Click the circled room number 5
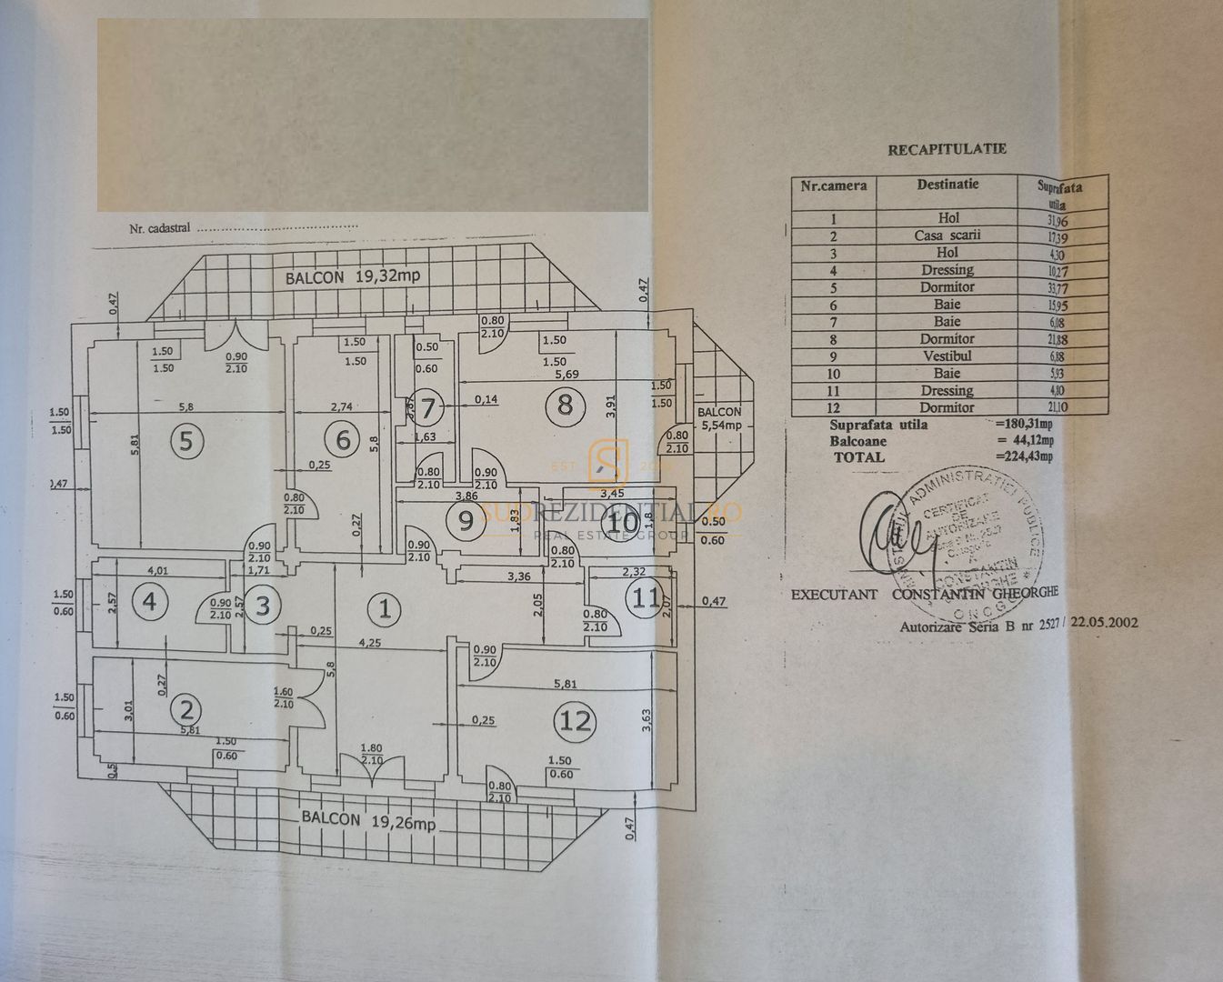(186, 441)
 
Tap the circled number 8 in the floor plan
(565, 405)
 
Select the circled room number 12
(576, 720)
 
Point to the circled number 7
(426, 407)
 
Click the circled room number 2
(188, 708)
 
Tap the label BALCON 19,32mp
(353, 277)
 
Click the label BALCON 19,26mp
(369, 819)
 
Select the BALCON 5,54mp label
(719, 418)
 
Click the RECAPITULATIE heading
(947, 149)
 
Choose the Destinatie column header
(947, 185)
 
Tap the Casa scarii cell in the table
(947, 235)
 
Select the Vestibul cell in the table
(947, 356)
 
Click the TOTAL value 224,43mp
(1024, 457)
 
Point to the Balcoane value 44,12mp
(1024, 441)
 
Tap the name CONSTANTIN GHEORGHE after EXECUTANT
(976, 594)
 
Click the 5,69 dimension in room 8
(553, 374)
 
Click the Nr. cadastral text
(160, 228)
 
